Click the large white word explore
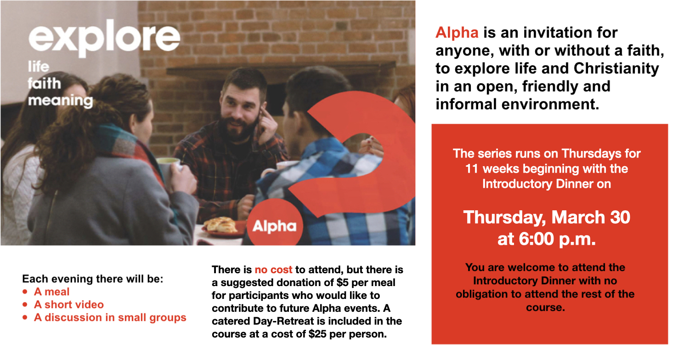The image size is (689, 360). coord(104,39)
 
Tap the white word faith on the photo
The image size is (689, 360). coord(44,83)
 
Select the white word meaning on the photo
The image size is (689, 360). coord(60,101)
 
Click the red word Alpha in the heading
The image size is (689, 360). coord(457,33)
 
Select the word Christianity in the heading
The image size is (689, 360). coord(616,68)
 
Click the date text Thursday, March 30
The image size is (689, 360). coord(547,217)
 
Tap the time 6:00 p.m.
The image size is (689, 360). coord(557,239)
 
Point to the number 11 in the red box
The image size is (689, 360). coord(472,169)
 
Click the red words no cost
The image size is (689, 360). coord(273,270)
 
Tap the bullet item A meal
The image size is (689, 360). coord(51,292)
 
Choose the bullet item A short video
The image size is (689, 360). coord(69,304)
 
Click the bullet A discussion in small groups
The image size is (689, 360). coord(110,318)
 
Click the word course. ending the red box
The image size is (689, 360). coord(545,308)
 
